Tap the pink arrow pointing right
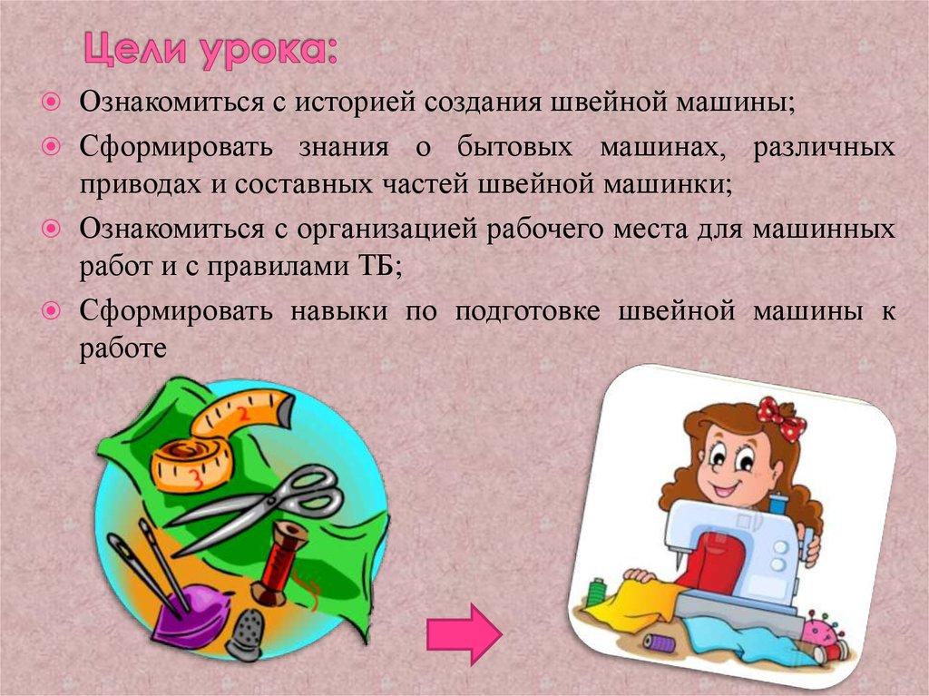464,632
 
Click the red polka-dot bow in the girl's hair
781,418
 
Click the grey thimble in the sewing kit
245,631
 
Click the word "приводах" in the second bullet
133,186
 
